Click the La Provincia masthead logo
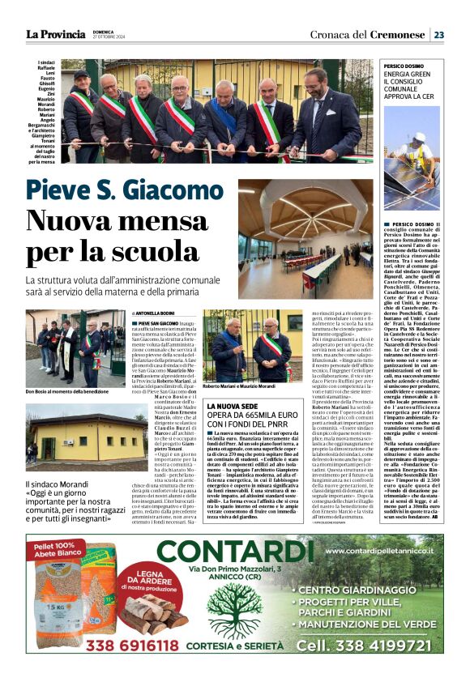pos(55,34)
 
